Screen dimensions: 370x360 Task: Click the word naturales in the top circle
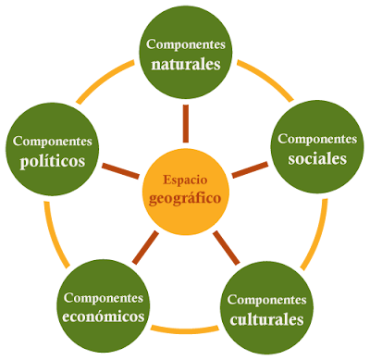click(x=186, y=66)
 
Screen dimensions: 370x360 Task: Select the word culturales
click(x=265, y=320)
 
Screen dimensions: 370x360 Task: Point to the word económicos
click(x=104, y=317)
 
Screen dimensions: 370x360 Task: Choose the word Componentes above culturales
click(x=265, y=300)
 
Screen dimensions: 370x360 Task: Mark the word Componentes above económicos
click(x=104, y=297)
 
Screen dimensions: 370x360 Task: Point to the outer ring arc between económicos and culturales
click(x=184, y=329)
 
